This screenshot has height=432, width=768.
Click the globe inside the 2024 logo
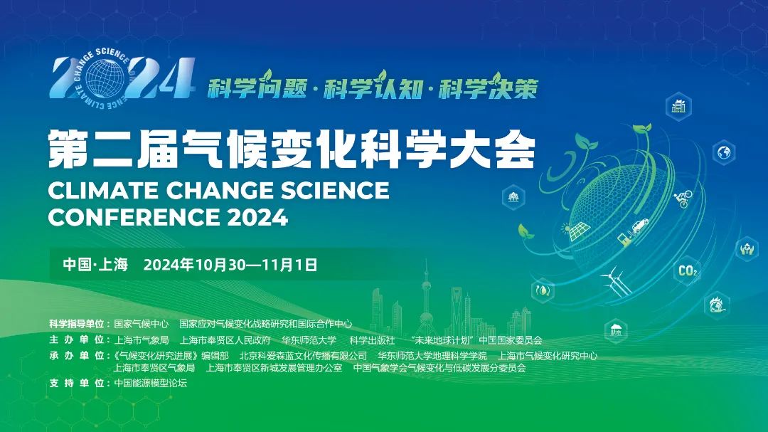pos(105,78)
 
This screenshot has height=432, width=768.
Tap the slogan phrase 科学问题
pos(257,87)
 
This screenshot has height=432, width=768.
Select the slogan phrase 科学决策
pos(489,87)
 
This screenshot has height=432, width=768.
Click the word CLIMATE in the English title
pos(103,190)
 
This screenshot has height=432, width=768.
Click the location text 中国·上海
pos(95,265)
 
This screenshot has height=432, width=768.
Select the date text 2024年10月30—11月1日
pos(230,265)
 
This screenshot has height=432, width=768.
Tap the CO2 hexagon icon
pos(688,270)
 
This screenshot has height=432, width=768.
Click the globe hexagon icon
pos(724,152)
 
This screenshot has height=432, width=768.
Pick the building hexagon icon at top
pos(678,106)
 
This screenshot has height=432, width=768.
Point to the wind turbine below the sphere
pos(613,281)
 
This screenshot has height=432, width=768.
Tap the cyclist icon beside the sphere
pos(683,199)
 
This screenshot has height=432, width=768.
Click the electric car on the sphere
pos(640,226)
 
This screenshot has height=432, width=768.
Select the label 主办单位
pos(77,339)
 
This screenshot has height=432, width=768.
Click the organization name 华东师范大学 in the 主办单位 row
pos(309,339)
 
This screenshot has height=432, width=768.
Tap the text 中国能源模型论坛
pos(150,383)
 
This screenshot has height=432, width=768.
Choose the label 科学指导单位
pos(77,324)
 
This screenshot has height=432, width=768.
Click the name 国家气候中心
pos(141,324)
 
